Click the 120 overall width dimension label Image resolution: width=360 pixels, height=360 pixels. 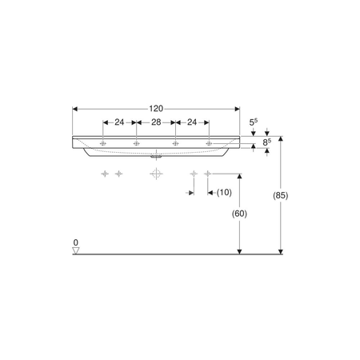pos(156,109)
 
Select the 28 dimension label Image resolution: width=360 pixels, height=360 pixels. pos(156,122)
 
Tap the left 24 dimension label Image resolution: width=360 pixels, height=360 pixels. pos(119,122)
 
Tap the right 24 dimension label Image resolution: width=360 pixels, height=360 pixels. pos(192,122)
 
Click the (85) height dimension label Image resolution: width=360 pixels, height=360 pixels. pos(281,195)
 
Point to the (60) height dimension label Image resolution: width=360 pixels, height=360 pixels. pos(239,214)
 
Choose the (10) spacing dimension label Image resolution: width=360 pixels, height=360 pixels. pos(224,192)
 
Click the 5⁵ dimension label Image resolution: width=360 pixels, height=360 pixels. pos(254,122)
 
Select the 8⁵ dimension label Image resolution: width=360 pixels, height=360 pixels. pos(267,142)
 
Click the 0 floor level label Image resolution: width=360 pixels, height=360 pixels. pos(76,242)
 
